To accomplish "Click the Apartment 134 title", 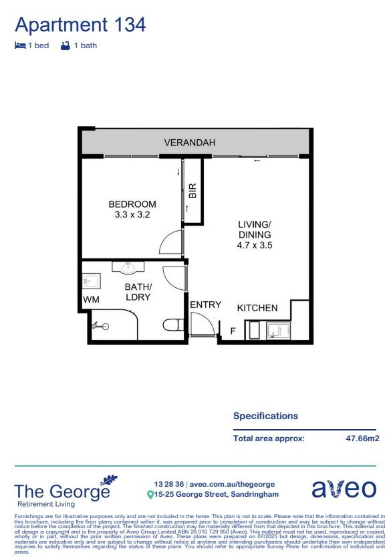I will [x=80, y=25].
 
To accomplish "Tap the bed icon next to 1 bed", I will [x=20, y=46].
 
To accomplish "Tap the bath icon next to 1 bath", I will [x=65, y=46].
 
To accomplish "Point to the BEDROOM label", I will [x=132, y=204].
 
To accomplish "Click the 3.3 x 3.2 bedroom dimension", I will [x=132, y=215].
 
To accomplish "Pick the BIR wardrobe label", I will [x=192, y=191].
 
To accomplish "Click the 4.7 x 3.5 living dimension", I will [x=255, y=246].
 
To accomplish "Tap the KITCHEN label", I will [x=257, y=308].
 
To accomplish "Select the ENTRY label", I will [x=205, y=305].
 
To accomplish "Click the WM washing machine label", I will [x=90, y=299].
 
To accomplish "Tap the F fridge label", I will [x=233, y=331].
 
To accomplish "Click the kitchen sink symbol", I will [x=276, y=330].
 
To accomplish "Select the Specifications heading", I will [x=265, y=416].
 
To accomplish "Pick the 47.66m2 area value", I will [x=362, y=439].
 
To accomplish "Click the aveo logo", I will [x=344, y=489].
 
